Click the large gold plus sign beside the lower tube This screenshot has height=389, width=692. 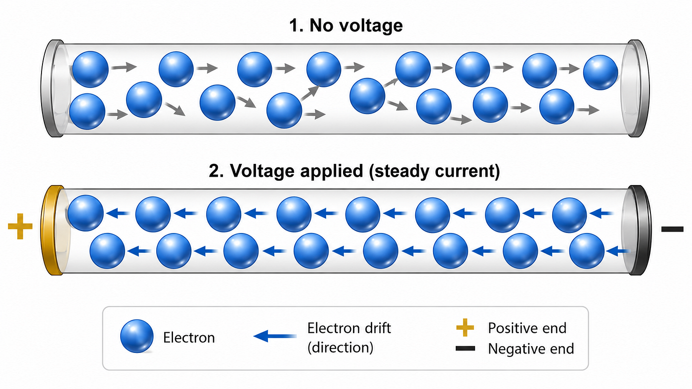pos(20,226)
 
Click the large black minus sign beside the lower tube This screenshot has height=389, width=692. pos(672,229)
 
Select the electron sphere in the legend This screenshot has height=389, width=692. pos(136,336)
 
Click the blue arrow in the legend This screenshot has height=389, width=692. pos(275,336)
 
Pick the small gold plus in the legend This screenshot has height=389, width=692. pos(465,327)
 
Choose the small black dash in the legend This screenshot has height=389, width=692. pos(465,349)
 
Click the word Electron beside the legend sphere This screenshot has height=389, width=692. pos(189,338)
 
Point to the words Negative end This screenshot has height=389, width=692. pos(531,349)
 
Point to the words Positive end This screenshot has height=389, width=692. pos(527,328)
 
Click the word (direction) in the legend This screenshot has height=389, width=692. pos(340,348)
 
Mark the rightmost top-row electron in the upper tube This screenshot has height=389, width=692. pos(600,73)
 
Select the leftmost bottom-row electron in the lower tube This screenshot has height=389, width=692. pos(107,251)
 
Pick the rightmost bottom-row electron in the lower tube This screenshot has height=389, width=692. pos(587,251)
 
